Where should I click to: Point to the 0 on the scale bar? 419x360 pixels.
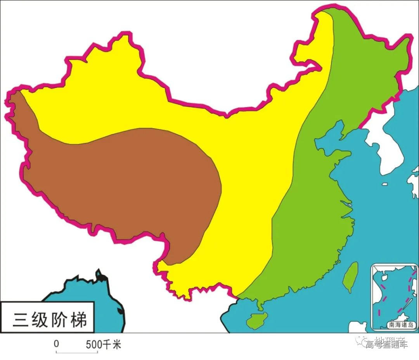57,344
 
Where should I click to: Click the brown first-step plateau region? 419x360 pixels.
128,183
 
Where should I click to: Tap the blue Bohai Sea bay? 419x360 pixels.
328,144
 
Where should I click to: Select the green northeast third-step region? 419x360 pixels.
365,70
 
